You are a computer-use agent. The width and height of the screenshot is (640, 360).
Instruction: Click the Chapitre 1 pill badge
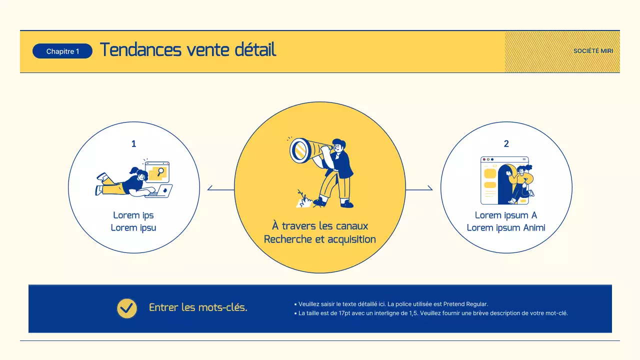click(62, 51)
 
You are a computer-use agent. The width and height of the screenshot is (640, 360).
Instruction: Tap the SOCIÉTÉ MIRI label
click(593, 51)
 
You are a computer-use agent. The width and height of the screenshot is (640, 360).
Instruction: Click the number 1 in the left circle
click(133, 144)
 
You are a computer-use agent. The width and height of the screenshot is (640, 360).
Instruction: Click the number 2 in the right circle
click(506, 144)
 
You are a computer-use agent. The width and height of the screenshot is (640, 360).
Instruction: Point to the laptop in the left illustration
click(161, 191)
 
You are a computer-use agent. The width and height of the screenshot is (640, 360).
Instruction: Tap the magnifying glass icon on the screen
click(160, 171)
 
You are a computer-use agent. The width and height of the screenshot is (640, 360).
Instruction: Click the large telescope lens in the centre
click(300, 150)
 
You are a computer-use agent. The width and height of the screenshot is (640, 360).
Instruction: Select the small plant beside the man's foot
click(302, 199)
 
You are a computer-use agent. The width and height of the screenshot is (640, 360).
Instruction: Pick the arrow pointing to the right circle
click(428, 188)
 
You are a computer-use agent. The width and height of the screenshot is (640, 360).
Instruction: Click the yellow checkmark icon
click(127, 308)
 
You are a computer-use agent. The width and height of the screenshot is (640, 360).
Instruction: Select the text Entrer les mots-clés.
click(198, 307)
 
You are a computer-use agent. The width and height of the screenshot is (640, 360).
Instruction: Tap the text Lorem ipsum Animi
click(506, 228)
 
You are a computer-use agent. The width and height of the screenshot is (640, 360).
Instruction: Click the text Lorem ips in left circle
click(133, 215)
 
